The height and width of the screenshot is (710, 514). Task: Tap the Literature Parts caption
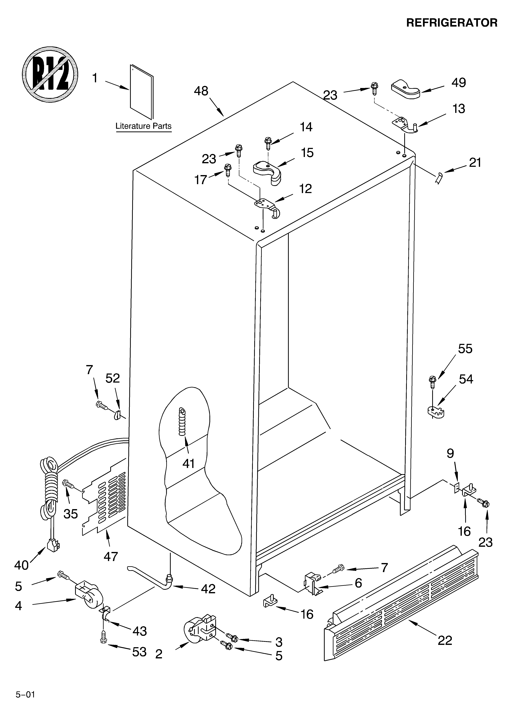143,126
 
